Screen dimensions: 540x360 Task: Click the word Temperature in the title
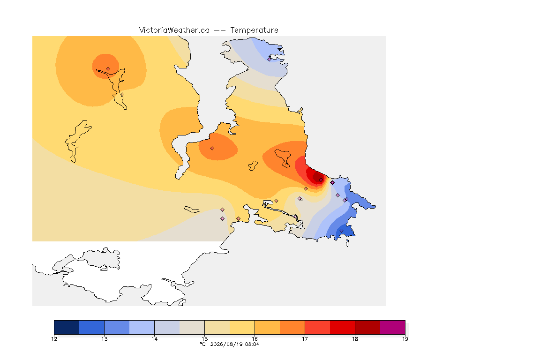(x=254, y=30)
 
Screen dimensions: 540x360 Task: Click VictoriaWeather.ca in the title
(x=174, y=30)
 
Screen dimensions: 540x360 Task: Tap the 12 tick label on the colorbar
(x=54, y=339)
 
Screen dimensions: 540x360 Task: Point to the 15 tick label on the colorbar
(x=204, y=339)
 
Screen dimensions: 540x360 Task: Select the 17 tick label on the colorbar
(x=305, y=339)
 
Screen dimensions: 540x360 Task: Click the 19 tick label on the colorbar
(x=405, y=339)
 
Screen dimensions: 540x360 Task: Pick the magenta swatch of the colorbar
(x=393, y=327)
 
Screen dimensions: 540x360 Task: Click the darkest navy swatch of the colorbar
(x=67, y=327)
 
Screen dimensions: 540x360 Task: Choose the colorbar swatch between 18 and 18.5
(x=367, y=327)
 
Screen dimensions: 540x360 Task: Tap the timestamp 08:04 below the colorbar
(x=253, y=344)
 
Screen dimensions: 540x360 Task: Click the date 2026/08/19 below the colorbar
(x=227, y=344)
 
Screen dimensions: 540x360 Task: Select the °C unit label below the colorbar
(x=202, y=344)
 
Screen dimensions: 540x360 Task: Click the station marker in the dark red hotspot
(x=321, y=180)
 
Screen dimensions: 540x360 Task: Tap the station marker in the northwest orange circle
(x=108, y=69)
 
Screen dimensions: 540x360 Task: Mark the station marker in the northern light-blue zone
(x=270, y=59)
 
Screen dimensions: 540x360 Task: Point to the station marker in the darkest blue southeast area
(x=341, y=231)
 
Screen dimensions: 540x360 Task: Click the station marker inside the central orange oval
(x=212, y=149)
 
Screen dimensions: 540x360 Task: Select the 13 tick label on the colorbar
(x=105, y=339)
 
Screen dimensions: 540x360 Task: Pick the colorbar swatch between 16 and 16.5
(x=267, y=327)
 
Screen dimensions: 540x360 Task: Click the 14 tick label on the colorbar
(x=154, y=339)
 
